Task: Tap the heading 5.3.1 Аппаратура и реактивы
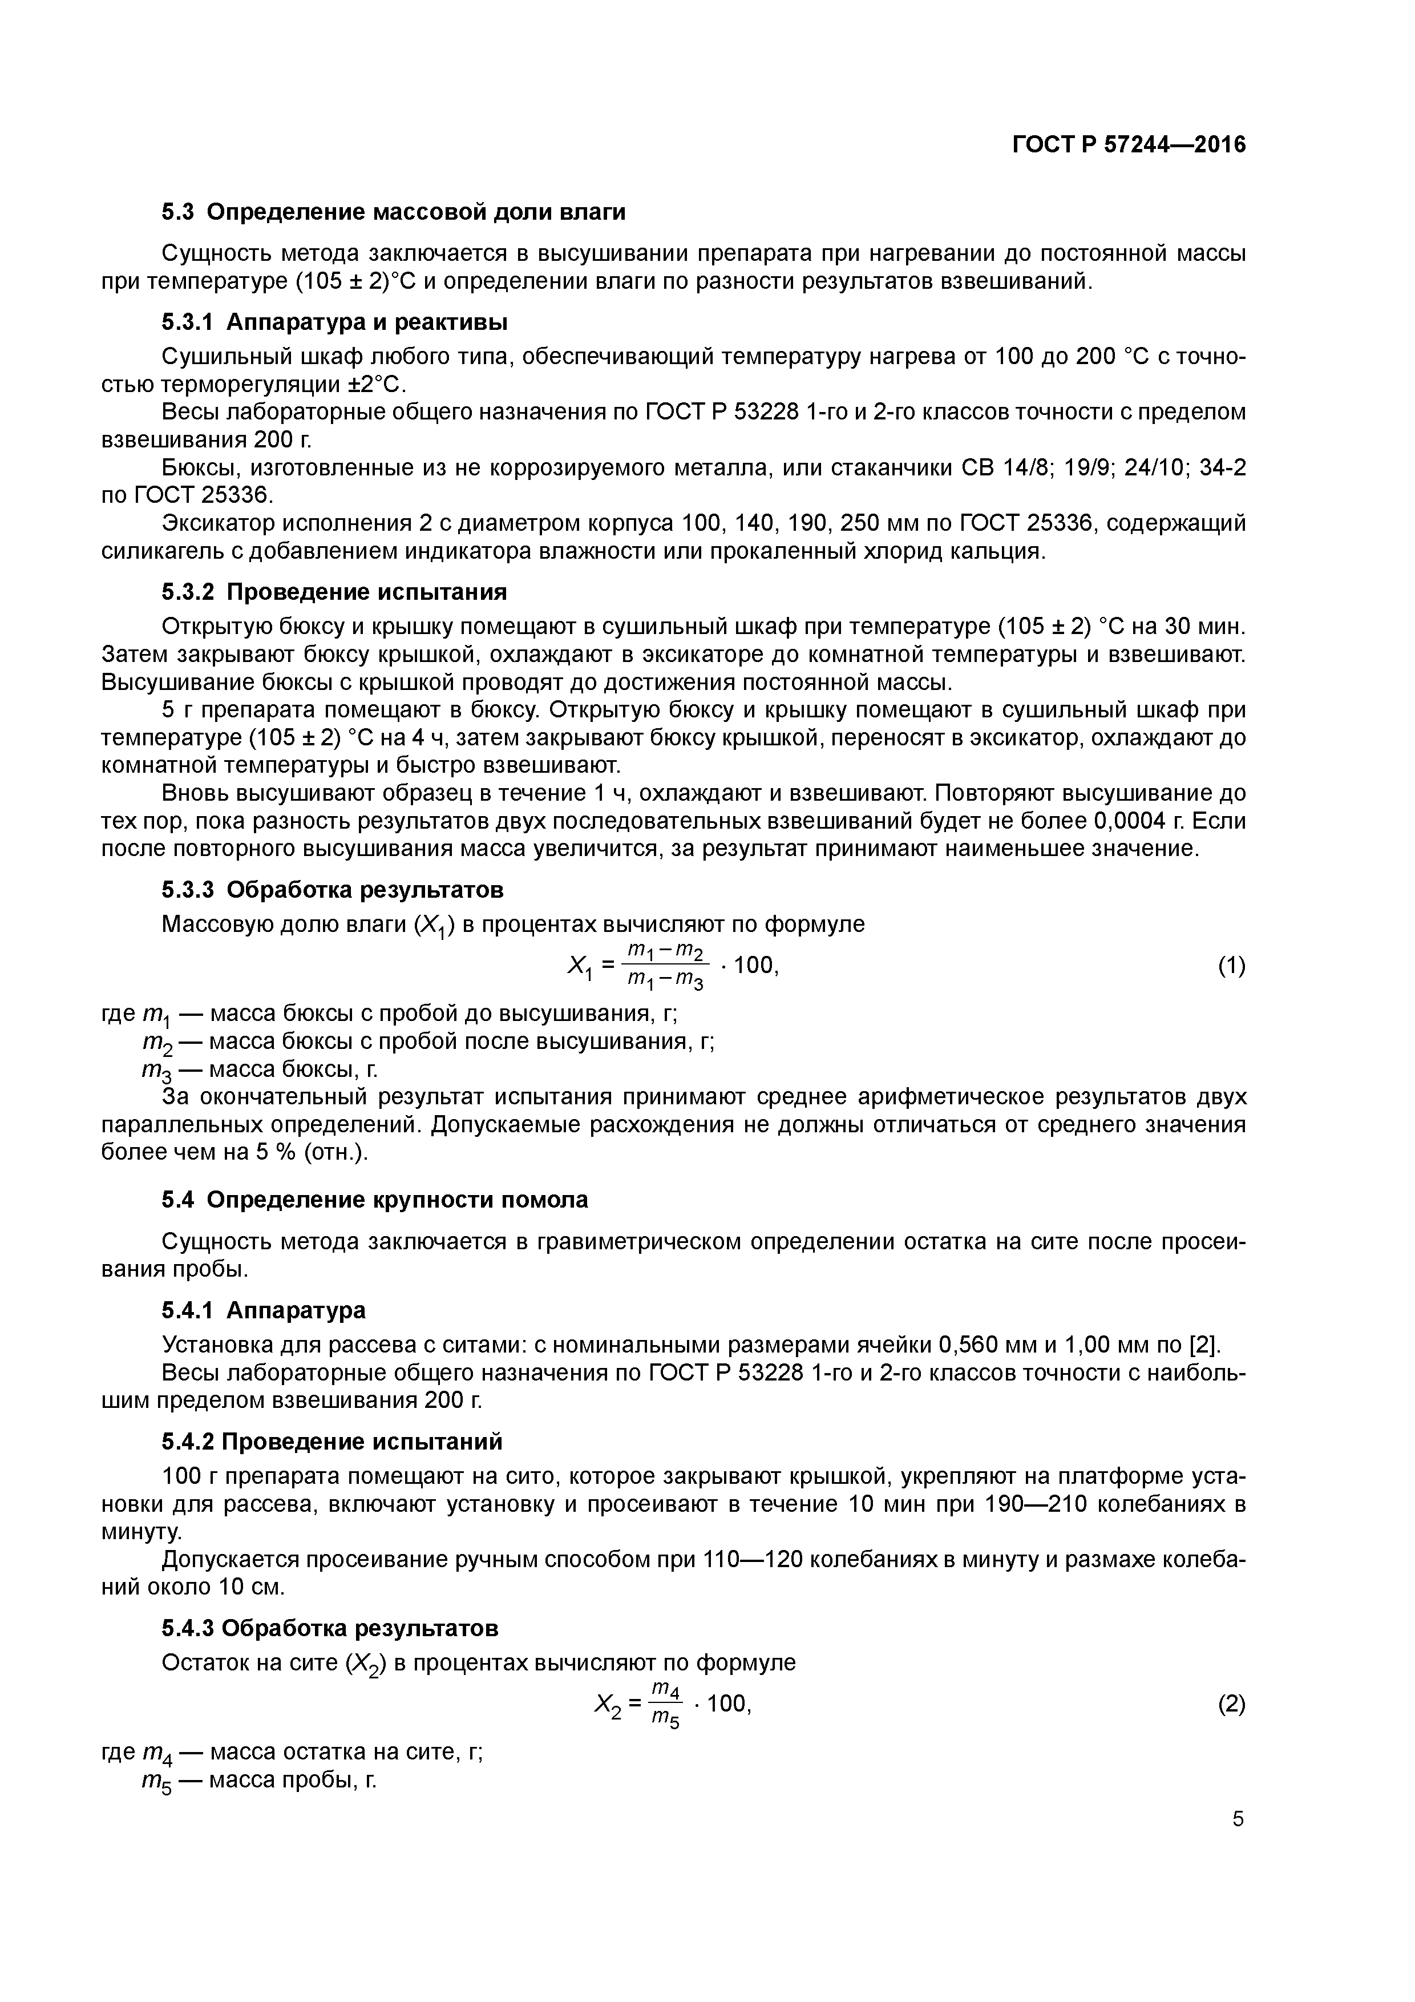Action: point(334,322)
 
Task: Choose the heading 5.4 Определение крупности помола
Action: point(375,1200)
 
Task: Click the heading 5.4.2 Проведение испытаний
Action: point(331,1442)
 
